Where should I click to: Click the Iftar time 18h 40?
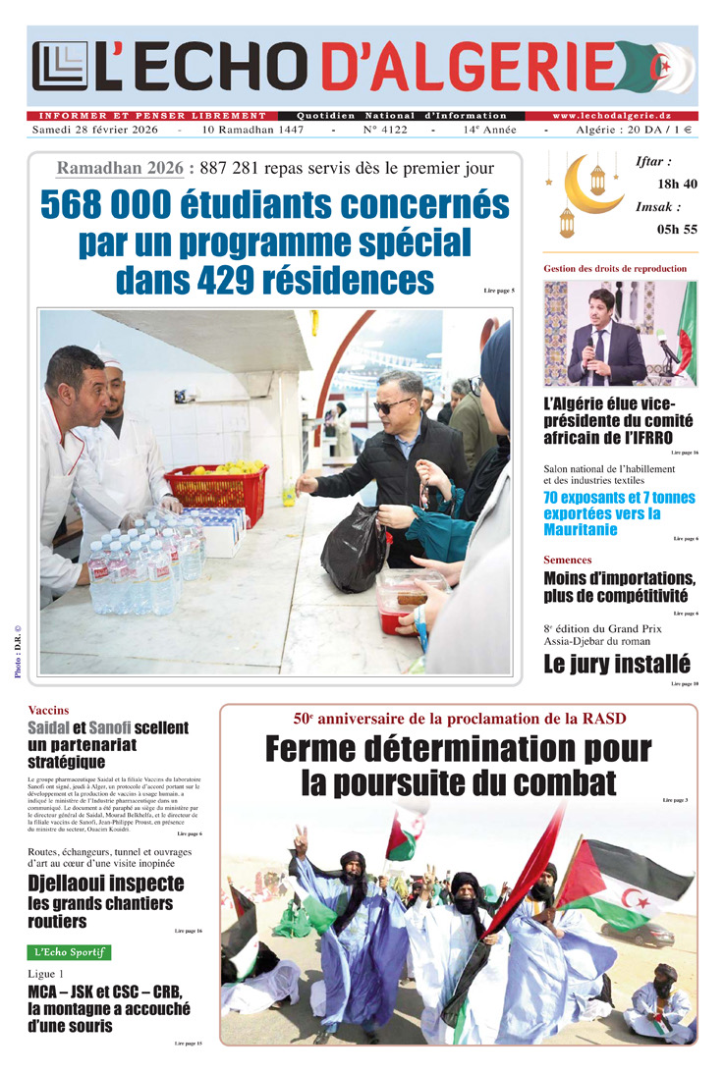coord(677,184)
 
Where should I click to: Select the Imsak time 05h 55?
coord(677,229)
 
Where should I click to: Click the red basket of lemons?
coord(217,490)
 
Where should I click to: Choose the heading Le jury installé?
coord(616,665)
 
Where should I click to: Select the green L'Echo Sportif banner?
coord(69,952)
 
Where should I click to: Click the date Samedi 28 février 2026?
coord(95,130)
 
